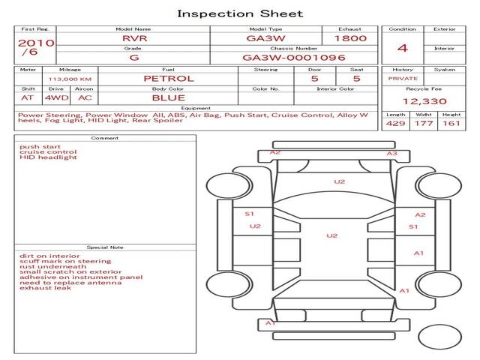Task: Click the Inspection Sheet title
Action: point(240,13)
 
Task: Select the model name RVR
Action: point(133,37)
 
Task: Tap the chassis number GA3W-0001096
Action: point(293,57)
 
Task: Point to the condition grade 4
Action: point(403,48)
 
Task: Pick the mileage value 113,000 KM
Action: point(70,78)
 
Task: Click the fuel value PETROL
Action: point(169,78)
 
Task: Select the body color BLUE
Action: point(169,97)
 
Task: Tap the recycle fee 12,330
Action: point(424,101)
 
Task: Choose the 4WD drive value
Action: point(55,97)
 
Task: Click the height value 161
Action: point(451,123)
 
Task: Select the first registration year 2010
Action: point(35,43)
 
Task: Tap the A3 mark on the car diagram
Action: point(391,153)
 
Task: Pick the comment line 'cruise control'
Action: point(43,152)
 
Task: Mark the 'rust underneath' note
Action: point(52,266)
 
